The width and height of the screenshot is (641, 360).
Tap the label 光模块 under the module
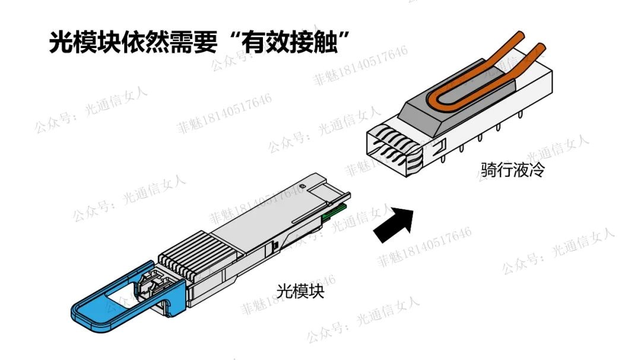[300, 291]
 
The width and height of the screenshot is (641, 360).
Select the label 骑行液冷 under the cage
[513, 169]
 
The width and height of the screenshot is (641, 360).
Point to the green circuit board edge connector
[334, 212]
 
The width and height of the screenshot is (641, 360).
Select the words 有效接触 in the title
[289, 42]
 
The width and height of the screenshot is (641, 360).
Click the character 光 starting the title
[61, 42]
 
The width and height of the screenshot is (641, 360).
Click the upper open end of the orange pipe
[520, 35]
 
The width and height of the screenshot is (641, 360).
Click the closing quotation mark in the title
[344, 37]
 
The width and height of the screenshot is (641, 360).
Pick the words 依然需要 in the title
[169, 42]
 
